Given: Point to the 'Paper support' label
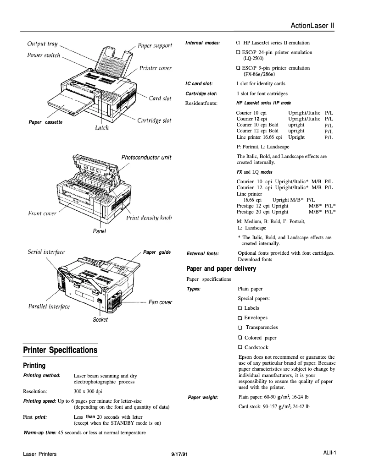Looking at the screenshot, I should [155, 45].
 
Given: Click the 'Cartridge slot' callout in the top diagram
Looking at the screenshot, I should [154, 120].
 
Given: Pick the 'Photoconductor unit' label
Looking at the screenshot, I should [146, 158].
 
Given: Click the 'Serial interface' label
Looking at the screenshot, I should [46, 252].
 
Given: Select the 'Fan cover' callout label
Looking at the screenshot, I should [160, 302].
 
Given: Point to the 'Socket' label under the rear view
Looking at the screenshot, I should [100, 319].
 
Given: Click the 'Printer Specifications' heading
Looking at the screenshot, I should [61, 350].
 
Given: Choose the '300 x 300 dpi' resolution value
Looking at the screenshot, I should [88, 392].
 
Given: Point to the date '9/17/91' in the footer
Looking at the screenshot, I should [179, 454].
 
